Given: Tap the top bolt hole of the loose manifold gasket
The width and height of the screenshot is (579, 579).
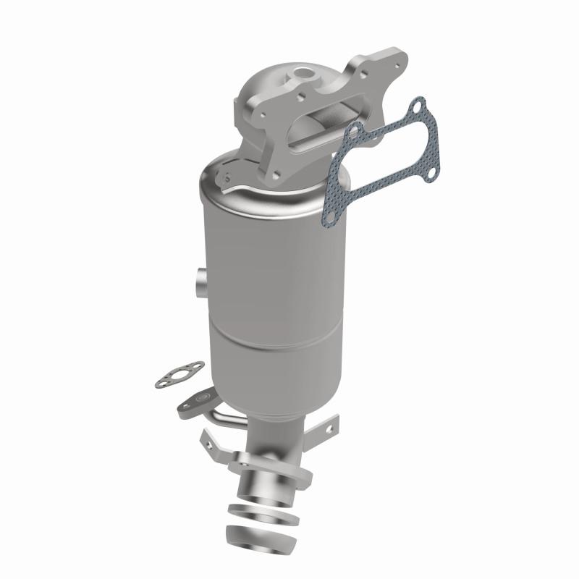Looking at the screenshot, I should pos(415,109).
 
